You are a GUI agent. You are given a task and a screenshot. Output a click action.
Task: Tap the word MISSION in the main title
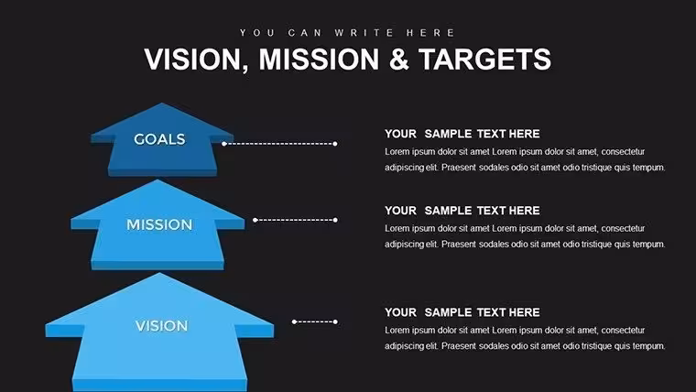319,59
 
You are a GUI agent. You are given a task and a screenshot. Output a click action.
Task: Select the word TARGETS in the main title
484,59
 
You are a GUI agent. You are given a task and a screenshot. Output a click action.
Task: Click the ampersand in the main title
398,59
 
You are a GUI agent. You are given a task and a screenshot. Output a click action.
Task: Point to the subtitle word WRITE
364,33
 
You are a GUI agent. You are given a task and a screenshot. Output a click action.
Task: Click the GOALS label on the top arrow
159,139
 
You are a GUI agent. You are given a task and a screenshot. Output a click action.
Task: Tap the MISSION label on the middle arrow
159,224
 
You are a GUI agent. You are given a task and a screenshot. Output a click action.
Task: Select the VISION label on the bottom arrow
161,326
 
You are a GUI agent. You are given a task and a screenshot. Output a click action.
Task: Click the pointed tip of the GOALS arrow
161,103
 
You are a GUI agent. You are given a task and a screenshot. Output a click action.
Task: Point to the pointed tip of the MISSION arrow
158,180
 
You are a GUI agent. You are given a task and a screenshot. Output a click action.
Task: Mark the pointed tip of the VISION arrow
159,273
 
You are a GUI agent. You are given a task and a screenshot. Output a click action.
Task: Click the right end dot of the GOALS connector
335,144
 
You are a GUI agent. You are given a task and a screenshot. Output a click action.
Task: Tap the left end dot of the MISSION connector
256,220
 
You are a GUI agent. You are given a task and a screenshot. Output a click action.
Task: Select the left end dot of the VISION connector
294,321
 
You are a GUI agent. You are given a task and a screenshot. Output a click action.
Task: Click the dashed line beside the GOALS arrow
279,144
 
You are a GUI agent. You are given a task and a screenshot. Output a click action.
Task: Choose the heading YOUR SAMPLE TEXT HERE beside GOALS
462,134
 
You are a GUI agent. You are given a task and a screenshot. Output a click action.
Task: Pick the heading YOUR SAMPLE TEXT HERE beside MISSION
462,211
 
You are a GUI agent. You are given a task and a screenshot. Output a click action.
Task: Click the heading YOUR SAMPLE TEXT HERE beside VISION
462,312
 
